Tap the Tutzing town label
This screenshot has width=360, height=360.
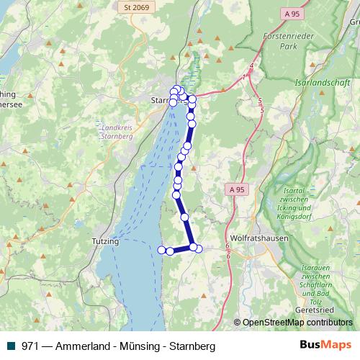coord(105,242)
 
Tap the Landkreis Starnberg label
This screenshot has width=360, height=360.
coord(117,128)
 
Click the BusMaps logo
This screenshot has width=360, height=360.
coord(325,346)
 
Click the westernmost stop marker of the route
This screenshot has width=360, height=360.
coord(161,250)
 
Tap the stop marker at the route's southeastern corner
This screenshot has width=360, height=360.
coord(199,248)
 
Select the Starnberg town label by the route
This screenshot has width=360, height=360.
coord(164,101)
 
